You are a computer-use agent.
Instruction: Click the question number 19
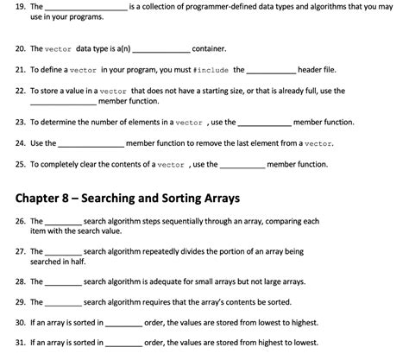coord(20,7)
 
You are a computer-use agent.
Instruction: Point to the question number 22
coord(20,90)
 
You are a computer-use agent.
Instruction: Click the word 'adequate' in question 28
coord(160,281)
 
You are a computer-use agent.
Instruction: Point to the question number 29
coord(20,303)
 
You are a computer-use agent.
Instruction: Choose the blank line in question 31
coord(124,344)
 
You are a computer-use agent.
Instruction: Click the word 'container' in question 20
coord(210,49)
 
